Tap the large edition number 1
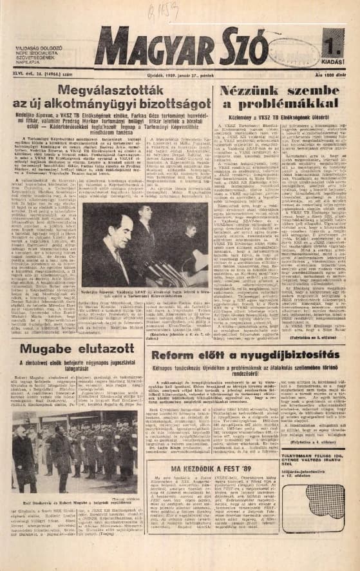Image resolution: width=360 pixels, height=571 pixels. (x=336, y=46)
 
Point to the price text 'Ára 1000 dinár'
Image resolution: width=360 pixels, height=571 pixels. (x=334, y=75)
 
